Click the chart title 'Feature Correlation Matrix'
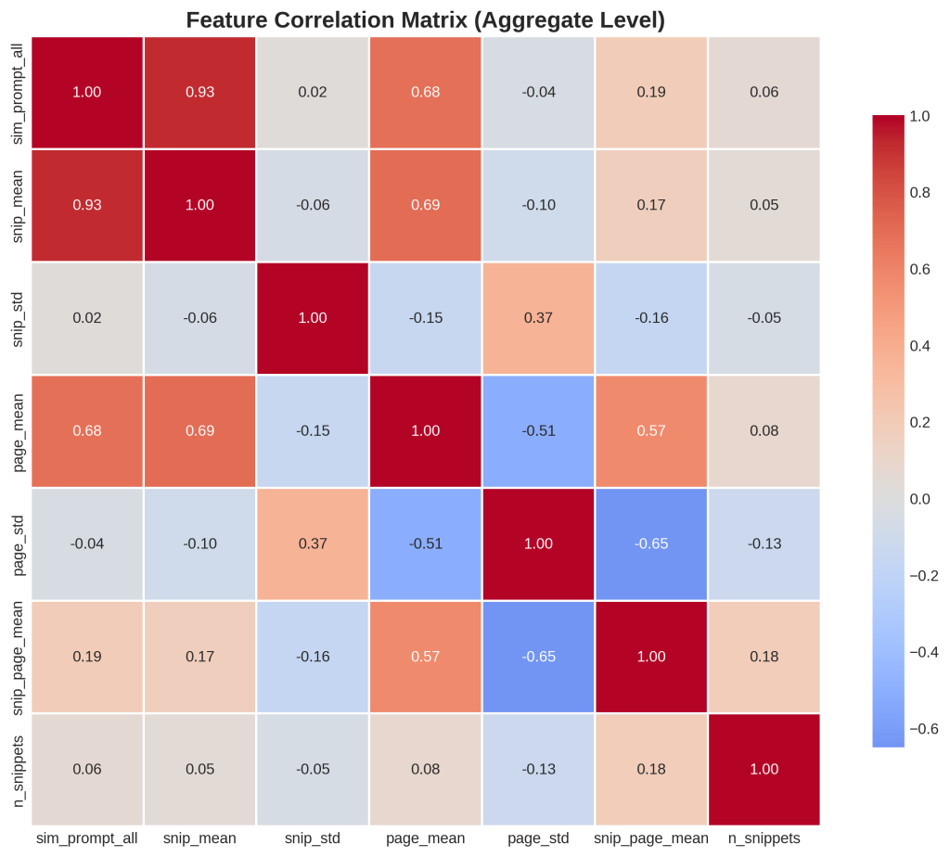(x=426, y=19)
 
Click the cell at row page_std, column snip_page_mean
(x=651, y=544)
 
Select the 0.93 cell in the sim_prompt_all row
(x=200, y=92)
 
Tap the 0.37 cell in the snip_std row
(x=538, y=318)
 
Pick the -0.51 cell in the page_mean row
(x=538, y=430)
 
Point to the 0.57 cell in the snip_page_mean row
(x=426, y=657)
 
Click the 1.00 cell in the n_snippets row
(x=764, y=769)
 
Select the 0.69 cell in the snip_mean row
(x=426, y=205)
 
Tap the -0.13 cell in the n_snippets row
(x=538, y=769)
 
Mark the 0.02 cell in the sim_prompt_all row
(x=313, y=92)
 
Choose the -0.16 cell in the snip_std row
(x=651, y=318)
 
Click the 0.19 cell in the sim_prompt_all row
(x=651, y=92)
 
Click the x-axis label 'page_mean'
(x=426, y=838)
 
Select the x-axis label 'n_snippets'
(x=764, y=838)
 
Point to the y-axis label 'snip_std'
(x=19, y=318)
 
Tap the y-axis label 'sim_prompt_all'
(x=19, y=92)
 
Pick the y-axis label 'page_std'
(x=19, y=544)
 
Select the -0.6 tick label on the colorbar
(x=924, y=729)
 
